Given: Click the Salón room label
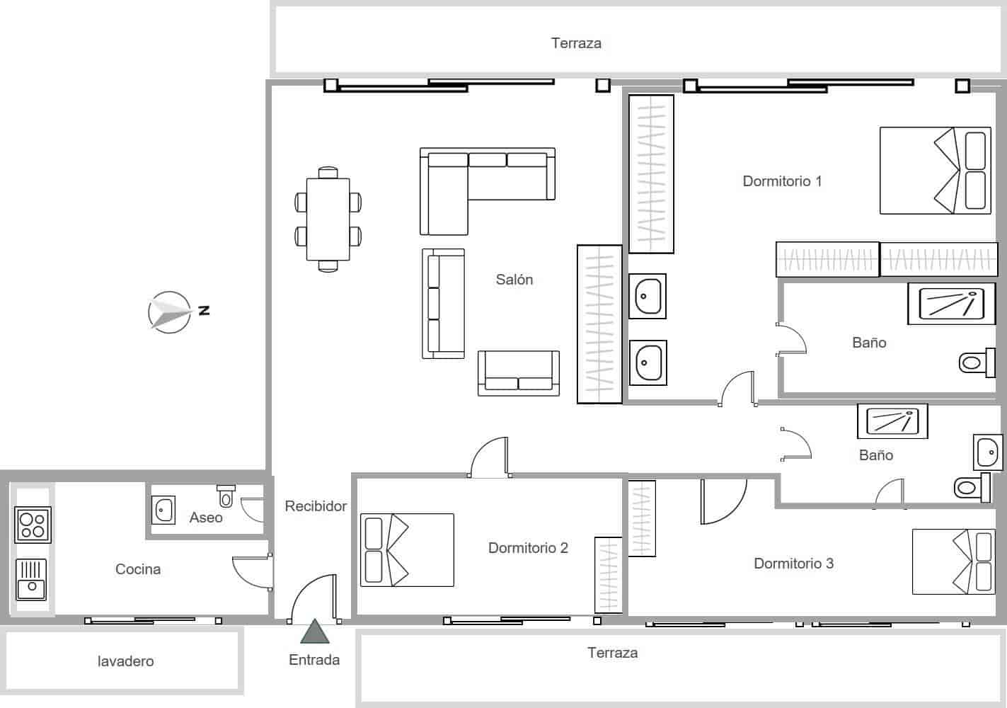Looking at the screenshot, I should [514, 280].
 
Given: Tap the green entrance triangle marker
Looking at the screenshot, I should [314, 632].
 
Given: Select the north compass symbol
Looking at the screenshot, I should [171, 312].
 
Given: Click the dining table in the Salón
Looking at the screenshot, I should [328, 219].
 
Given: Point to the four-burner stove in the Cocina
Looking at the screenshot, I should [33, 525].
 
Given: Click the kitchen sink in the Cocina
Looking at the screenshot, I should [31, 578].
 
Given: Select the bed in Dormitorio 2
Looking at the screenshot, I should [407, 550].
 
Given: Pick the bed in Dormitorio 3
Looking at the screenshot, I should [953, 561].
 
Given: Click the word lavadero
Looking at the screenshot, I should [125, 661].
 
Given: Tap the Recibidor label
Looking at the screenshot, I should [316, 506].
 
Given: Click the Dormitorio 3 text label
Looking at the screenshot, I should [793, 564].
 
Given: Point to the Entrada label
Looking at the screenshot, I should [314, 660].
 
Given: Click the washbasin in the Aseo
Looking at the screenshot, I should [164, 509].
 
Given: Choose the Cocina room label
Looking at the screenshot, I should [138, 569].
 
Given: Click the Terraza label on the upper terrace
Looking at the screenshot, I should [576, 43].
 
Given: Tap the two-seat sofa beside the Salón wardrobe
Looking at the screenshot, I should [519, 373].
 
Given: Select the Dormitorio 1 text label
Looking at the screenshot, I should [782, 181].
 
